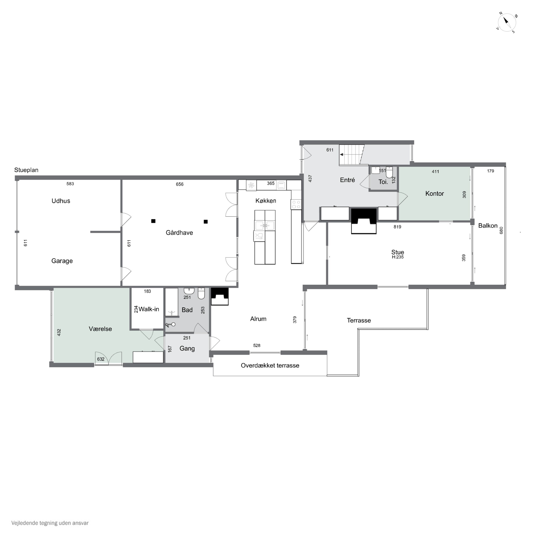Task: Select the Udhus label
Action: click(61, 201)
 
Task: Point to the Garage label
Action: click(62, 261)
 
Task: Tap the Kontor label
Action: click(434, 193)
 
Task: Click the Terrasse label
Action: click(359, 320)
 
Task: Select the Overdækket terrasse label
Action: click(270, 366)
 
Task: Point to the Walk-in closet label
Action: click(149, 309)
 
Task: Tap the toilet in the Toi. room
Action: click(389, 172)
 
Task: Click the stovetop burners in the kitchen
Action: click(296, 205)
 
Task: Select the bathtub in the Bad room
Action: click(172, 302)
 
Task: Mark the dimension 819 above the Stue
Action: click(397, 227)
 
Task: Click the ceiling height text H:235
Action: click(398, 257)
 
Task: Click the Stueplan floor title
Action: click(26, 170)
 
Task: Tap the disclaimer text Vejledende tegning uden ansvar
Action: click(50, 523)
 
